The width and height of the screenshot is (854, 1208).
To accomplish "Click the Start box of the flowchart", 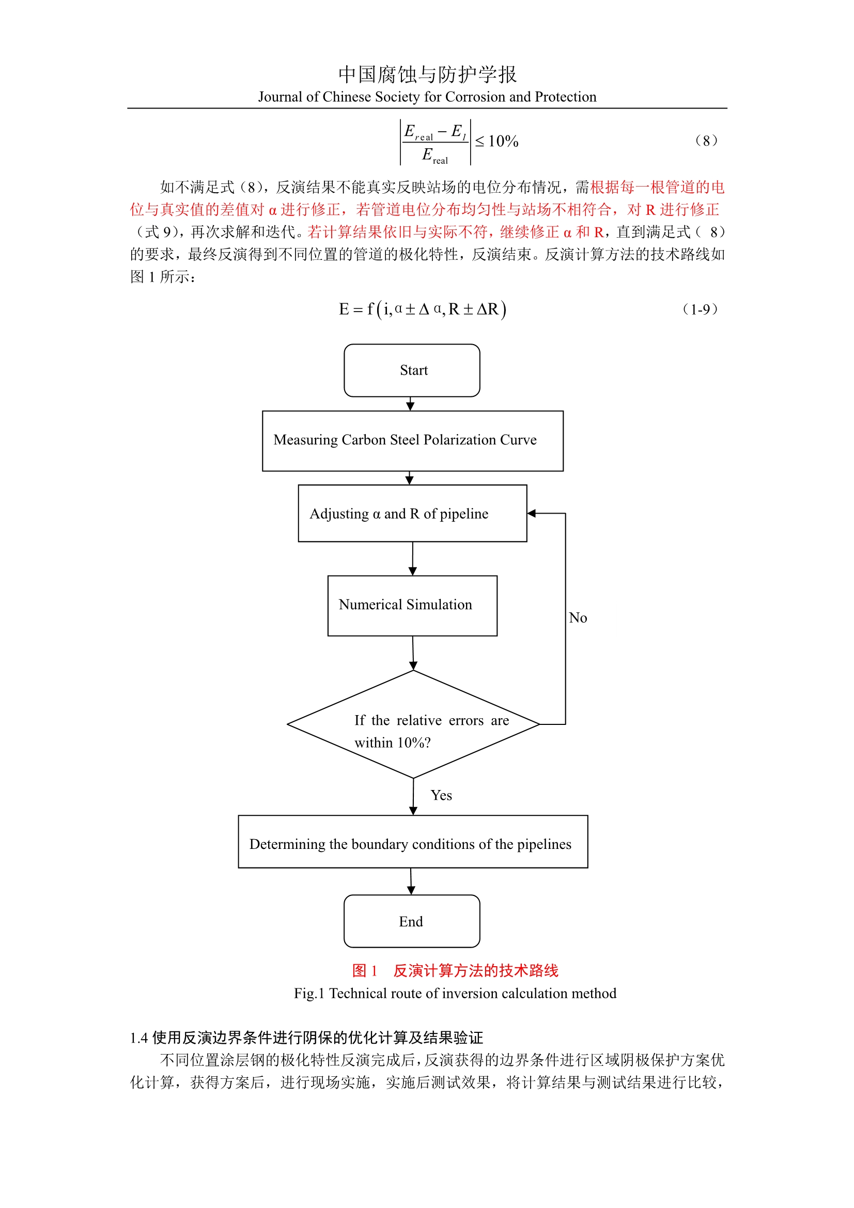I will [411, 370].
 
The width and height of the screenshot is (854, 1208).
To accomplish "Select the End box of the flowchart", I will [411, 921].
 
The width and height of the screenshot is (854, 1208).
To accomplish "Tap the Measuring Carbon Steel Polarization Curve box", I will [412, 440].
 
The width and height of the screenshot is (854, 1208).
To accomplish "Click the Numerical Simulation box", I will [412, 605].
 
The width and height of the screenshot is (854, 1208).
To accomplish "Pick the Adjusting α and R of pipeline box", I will [412, 513].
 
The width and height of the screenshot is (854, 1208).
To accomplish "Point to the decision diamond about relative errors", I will [413, 724].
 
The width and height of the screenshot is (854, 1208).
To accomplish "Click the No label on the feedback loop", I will [578, 617].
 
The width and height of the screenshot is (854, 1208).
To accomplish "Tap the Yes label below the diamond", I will [441, 795].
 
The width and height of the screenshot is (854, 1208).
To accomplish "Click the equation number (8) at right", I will [706, 141].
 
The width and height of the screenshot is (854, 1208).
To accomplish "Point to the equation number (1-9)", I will [700, 309].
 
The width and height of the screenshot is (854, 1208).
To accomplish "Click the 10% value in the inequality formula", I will [503, 142].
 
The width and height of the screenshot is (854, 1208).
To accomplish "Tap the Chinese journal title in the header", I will [427, 74].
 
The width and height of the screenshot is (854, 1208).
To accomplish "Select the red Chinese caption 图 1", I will [365, 970].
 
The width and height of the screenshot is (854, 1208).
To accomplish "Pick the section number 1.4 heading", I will [139, 1038].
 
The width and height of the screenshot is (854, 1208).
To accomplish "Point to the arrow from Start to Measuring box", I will [410, 404].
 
